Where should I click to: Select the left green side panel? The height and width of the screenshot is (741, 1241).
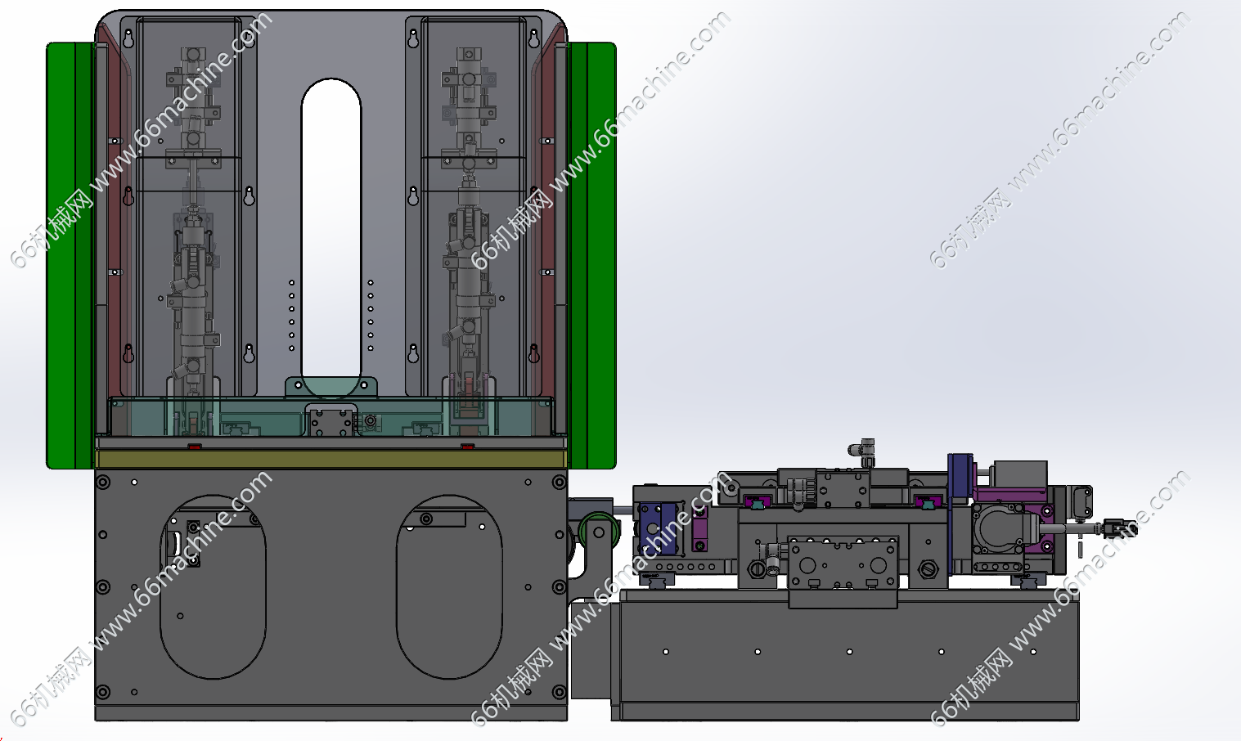[x=70, y=254]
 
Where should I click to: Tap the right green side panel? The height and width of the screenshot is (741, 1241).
[x=592, y=254]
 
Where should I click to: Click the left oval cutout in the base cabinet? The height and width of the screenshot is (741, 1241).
[x=213, y=587]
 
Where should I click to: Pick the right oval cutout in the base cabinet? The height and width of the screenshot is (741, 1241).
[x=449, y=587]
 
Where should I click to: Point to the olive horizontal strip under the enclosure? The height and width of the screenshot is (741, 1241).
[x=330, y=459]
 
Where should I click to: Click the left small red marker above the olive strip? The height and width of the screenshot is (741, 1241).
[x=194, y=446]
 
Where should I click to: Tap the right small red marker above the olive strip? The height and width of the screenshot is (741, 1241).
[x=468, y=446]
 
